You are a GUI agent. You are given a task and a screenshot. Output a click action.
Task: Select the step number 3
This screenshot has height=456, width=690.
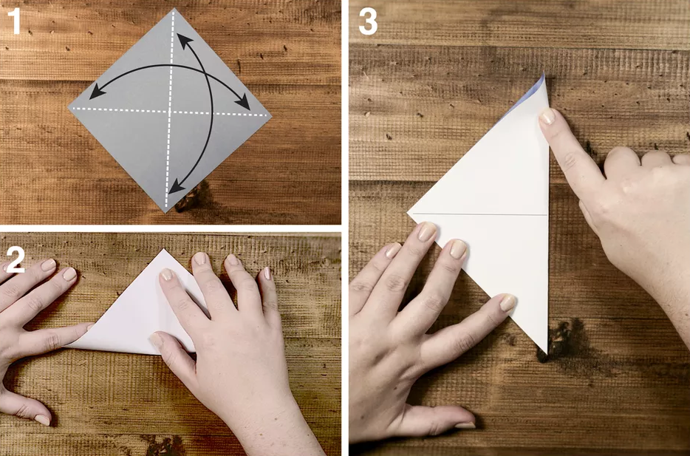click(x=368, y=22)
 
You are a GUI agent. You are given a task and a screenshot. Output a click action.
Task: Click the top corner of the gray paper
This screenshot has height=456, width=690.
click(x=174, y=9)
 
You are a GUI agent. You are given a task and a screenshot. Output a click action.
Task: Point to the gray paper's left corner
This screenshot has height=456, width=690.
click(x=69, y=107)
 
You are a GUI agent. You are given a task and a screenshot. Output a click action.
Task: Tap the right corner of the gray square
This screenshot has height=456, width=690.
click(x=271, y=116)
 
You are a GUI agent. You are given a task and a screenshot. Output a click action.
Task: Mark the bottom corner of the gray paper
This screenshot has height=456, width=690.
click(x=166, y=213)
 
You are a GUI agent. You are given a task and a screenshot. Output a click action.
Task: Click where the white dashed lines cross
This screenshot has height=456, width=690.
click(x=170, y=111)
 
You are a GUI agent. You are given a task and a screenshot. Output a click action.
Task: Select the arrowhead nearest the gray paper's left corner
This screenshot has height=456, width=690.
click(x=96, y=92)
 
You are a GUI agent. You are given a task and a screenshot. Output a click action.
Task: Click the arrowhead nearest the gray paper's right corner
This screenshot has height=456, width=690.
click(x=243, y=103)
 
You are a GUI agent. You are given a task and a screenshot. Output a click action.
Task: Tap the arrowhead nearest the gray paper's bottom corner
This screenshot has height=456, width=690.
click(x=176, y=187)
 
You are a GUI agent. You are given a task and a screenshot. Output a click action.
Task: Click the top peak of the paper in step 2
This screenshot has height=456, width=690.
click(x=164, y=250)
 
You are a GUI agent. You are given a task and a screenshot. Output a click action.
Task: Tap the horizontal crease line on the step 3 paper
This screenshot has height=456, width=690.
click(x=479, y=214)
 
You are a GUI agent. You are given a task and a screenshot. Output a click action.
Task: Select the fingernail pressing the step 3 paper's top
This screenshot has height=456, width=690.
click(x=547, y=116)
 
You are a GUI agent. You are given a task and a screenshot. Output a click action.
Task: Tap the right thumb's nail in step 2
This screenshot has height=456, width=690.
click(x=156, y=340)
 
